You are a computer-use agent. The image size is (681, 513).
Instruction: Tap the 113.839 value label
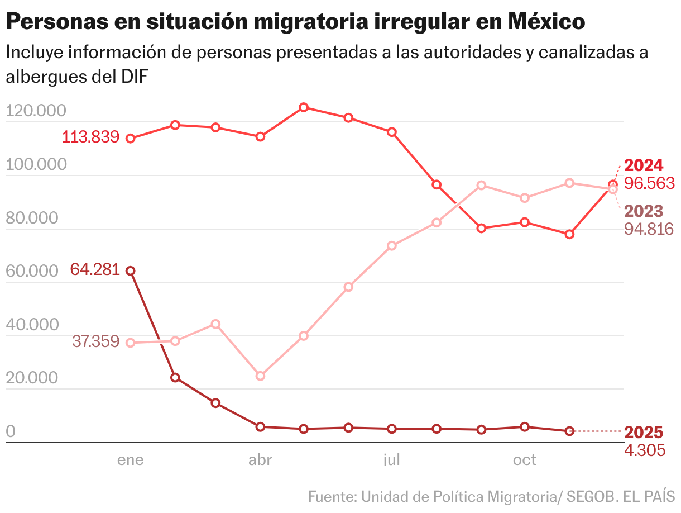[90, 137]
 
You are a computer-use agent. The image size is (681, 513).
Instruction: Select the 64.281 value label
[95, 269]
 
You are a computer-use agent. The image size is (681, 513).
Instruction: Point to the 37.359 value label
[95, 341]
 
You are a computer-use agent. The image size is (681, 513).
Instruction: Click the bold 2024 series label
[644, 165]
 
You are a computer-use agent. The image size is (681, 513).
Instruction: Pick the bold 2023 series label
[644, 211]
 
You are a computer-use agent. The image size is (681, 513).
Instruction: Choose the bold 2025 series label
[644, 433]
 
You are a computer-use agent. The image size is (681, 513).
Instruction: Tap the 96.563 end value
[649, 183]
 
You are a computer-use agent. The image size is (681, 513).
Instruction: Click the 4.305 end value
[645, 450]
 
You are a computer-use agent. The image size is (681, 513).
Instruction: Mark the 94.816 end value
[649, 229]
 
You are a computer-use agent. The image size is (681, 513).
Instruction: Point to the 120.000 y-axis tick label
[36, 111]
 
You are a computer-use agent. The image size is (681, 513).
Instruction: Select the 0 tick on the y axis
[11, 431]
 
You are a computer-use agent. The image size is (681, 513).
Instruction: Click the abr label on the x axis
[260, 460]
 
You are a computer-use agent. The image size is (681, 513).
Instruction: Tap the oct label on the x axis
[524, 460]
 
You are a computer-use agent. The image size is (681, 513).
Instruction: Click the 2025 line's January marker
[130, 270]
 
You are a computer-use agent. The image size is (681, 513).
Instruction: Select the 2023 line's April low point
[260, 376]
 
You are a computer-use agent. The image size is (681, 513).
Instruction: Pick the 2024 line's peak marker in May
[303, 107]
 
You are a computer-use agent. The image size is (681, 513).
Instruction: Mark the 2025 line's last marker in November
[569, 431]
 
